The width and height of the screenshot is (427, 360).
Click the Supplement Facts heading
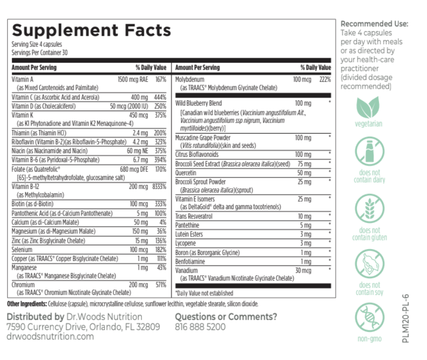[91, 31]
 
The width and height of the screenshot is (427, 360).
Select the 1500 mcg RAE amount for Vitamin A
[133, 79]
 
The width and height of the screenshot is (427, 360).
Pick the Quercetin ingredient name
[187, 172]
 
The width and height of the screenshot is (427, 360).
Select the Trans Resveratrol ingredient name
[193, 216]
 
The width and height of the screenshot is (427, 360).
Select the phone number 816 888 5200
[200, 327]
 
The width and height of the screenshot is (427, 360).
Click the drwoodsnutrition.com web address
[50, 336]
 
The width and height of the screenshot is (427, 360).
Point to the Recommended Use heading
[375, 24]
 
